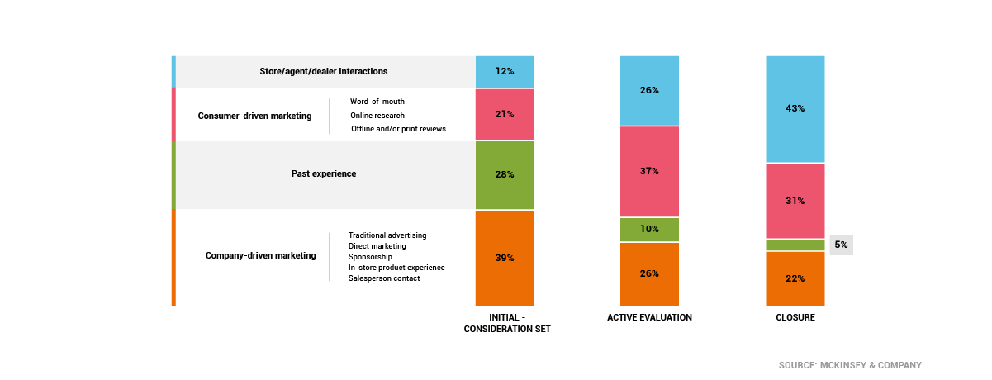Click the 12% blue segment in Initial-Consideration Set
click(x=505, y=71)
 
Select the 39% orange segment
click(x=505, y=258)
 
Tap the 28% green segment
click(x=505, y=174)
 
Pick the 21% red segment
click(x=505, y=114)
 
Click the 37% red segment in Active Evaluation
click(x=649, y=171)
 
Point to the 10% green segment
click(x=649, y=229)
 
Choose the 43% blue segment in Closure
click(x=795, y=108)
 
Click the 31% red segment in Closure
click(x=795, y=201)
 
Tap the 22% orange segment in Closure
click(x=795, y=278)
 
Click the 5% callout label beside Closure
click(x=841, y=245)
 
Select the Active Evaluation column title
click(x=649, y=317)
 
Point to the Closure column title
click(x=795, y=317)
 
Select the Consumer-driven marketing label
click(x=254, y=116)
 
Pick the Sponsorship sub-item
click(x=371, y=257)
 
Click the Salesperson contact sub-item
click(x=384, y=278)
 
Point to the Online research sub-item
click(x=377, y=116)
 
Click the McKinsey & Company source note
click(x=850, y=365)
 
